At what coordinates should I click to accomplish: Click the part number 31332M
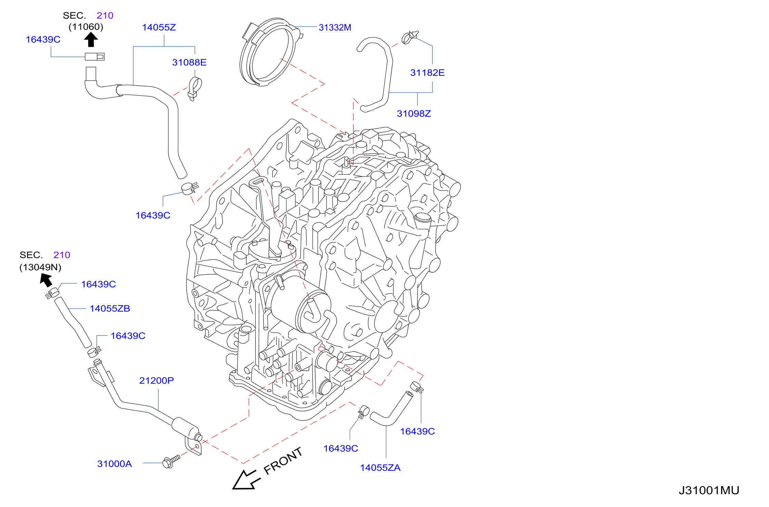335,27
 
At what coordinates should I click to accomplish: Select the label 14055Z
159,27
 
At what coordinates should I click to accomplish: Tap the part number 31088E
189,62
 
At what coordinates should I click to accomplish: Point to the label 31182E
427,72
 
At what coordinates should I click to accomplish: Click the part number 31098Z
414,113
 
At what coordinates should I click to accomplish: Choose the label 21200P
156,380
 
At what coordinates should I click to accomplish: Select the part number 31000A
114,464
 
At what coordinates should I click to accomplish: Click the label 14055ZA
380,467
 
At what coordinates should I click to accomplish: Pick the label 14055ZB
110,309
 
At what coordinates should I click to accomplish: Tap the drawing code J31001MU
709,490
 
